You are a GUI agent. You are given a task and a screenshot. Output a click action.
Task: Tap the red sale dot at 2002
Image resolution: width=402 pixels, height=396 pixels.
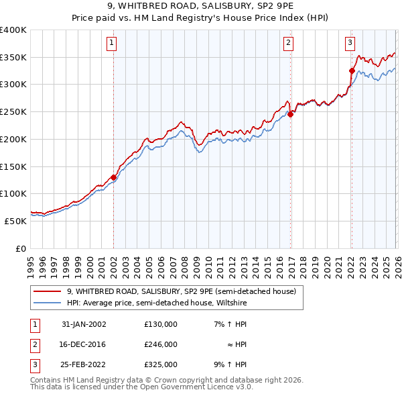[114, 177]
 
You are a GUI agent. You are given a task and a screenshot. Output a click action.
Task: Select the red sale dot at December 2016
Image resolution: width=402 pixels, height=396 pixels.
[291, 114]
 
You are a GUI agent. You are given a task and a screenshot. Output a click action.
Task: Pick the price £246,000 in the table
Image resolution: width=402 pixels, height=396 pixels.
[161, 344]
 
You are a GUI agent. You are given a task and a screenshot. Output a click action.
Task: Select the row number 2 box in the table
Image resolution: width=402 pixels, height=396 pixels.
[34, 344]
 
